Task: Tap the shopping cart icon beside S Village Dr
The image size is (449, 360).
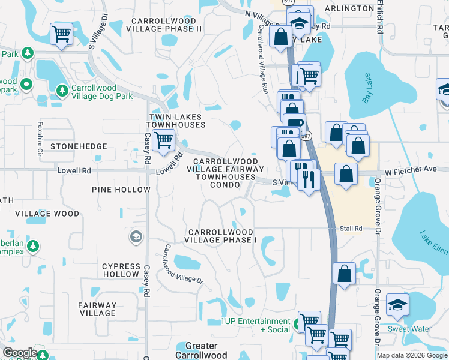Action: pyautogui.click(x=61, y=34)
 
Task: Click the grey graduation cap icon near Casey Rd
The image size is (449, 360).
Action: pyautogui.click(x=136, y=237)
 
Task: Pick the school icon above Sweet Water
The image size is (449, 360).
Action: pyautogui.click(x=397, y=305)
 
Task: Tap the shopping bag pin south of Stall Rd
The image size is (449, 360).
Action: pyautogui.click(x=345, y=274)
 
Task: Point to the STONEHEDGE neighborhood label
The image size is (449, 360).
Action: pyautogui.click(x=79, y=146)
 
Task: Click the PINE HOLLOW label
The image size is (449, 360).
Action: pyautogui.click(x=121, y=190)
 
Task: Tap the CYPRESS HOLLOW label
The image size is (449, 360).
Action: pyautogui.click(x=120, y=270)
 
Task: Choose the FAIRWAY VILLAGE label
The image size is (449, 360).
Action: pyautogui.click(x=97, y=309)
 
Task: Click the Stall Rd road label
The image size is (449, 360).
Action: pyautogui.click(x=351, y=229)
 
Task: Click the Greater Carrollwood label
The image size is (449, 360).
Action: pyautogui.click(x=202, y=350)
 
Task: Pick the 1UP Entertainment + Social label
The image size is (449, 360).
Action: pyautogui.click(x=255, y=325)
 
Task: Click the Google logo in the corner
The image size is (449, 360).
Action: pyautogui.click(x=20, y=353)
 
